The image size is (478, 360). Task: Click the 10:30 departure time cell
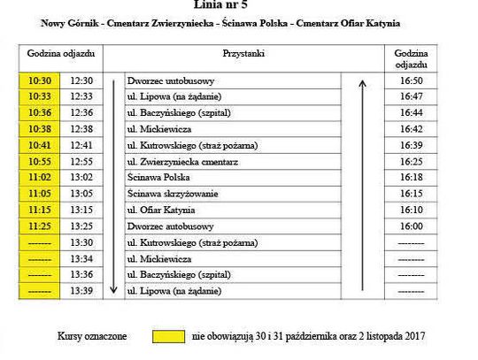point(39,80)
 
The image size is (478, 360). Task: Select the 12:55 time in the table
point(81,162)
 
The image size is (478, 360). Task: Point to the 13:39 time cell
point(81,290)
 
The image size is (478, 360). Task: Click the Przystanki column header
point(245,54)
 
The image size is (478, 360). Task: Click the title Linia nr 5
point(245,5)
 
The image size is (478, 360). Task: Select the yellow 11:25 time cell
point(39,226)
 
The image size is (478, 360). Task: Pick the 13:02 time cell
point(81,178)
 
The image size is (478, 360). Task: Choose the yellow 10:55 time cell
point(39,162)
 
